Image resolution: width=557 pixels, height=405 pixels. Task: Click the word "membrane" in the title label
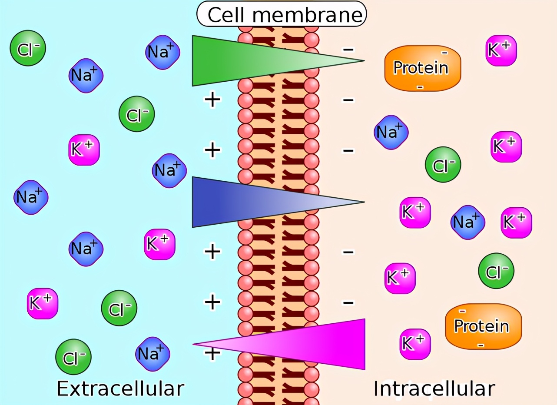click(x=307, y=15)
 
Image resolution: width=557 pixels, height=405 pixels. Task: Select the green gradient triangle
click(x=278, y=61)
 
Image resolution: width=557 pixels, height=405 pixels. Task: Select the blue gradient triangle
click(x=278, y=202)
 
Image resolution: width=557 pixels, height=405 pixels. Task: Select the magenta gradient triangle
click(x=279, y=344)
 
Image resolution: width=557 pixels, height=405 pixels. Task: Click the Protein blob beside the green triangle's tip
click(x=422, y=68)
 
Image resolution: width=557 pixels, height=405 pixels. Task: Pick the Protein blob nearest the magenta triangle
click(x=484, y=326)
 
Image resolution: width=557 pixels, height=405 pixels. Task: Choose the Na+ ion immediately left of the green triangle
click(x=162, y=52)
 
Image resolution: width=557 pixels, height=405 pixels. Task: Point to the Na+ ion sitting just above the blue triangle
click(x=169, y=171)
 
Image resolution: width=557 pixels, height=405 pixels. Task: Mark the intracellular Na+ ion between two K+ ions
click(x=468, y=222)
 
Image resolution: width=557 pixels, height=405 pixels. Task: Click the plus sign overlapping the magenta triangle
click(x=212, y=353)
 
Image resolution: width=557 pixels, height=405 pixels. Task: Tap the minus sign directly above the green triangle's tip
click(x=348, y=50)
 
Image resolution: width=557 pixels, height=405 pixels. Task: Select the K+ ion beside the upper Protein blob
click(x=501, y=50)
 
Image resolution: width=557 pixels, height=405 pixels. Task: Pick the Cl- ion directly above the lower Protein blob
click(x=496, y=271)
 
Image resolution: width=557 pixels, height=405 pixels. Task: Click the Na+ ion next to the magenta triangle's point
click(x=153, y=354)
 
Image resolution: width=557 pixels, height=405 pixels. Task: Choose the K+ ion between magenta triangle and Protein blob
click(x=415, y=344)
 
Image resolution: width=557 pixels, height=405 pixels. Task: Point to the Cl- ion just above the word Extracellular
click(x=73, y=357)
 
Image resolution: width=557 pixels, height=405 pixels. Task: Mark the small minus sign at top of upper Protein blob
click(x=444, y=53)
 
